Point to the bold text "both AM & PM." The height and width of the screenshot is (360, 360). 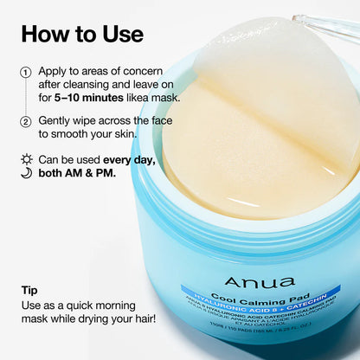tap(83, 176)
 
